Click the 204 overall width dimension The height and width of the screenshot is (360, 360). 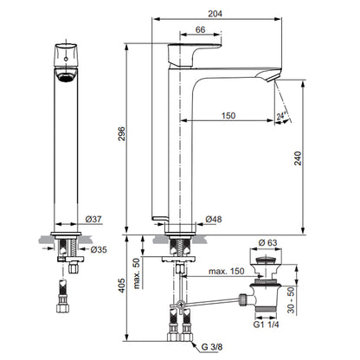pyautogui.click(x=215, y=14)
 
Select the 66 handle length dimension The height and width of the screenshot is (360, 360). pyautogui.click(x=200, y=29)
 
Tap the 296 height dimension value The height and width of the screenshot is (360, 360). pyautogui.click(x=121, y=133)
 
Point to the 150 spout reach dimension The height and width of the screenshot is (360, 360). pyautogui.click(x=228, y=115)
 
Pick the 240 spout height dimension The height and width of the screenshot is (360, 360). pyautogui.click(x=297, y=158)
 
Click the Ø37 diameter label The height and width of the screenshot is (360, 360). pyautogui.click(x=93, y=219)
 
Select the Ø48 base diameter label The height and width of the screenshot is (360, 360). pyautogui.click(x=214, y=219)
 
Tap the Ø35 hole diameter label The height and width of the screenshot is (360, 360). pyautogui.click(x=99, y=249)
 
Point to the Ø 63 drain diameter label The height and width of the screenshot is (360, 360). pyautogui.click(x=267, y=242)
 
